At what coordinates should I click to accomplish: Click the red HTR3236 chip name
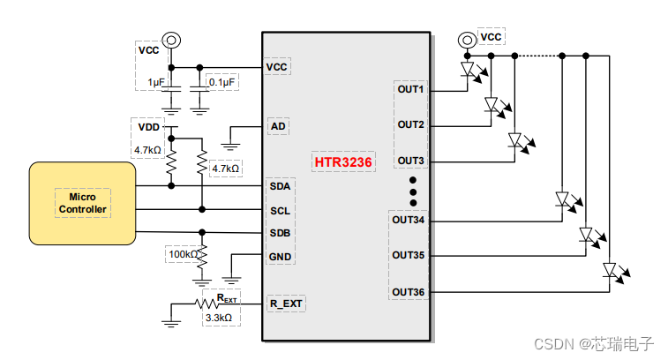point(343,162)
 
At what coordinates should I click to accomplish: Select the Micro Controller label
point(82,202)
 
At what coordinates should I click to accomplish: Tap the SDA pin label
point(280,187)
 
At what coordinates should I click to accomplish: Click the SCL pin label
point(280,211)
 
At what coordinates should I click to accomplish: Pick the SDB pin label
point(280,233)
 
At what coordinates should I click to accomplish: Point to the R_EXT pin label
point(286,304)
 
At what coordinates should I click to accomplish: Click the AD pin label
point(278,126)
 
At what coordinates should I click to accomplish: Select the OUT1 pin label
point(410,90)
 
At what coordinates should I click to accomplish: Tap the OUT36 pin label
point(409,292)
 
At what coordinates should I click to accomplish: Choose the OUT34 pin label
point(409,220)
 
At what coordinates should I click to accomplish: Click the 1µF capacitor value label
point(156,82)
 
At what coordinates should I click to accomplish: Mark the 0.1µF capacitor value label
point(221,82)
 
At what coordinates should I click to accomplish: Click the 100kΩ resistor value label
point(184,256)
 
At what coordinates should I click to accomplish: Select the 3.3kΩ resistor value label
point(219,318)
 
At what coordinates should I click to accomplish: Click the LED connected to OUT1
point(469,70)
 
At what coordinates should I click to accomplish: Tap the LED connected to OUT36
point(609,270)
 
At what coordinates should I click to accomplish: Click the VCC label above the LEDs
point(491,37)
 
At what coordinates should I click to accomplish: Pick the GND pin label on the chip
point(280,257)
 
